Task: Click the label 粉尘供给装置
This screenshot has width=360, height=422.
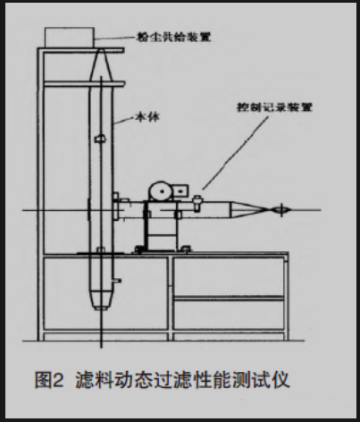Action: point(173,37)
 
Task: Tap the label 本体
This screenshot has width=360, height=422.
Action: point(147,117)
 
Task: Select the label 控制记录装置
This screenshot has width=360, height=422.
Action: point(274,106)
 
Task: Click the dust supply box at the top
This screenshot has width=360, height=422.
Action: point(70,37)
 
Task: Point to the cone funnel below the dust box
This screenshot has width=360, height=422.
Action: point(101,65)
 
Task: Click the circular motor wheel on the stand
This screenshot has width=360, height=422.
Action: point(162,191)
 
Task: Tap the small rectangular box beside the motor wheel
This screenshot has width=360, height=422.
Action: point(180,190)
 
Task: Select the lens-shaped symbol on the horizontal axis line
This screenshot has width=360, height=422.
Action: point(281,210)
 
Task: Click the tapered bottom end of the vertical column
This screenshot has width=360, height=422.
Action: point(102,300)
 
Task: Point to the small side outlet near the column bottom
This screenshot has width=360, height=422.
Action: point(116,281)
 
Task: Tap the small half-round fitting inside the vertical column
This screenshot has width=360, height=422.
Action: point(100,139)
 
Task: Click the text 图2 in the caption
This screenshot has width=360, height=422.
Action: point(49,379)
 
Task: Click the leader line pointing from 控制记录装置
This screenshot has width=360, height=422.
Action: point(235,153)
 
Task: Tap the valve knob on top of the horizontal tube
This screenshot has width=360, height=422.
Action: point(197,203)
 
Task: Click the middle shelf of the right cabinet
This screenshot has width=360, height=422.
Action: point(229,298)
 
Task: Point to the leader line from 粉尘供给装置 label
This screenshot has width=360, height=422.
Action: point(115,38)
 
